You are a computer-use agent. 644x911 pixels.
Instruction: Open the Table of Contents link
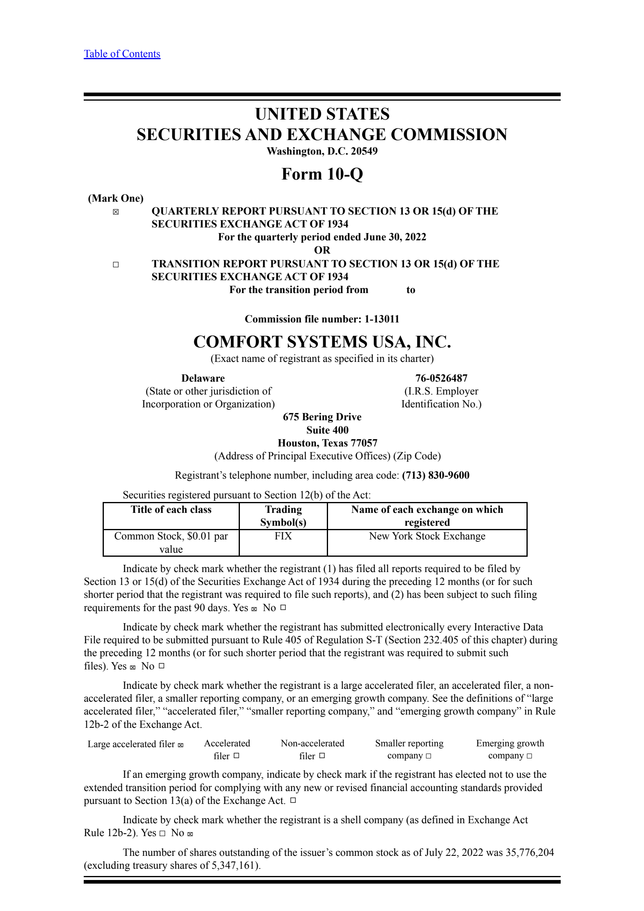(122, 54)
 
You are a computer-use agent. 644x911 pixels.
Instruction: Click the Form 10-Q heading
(322, 174)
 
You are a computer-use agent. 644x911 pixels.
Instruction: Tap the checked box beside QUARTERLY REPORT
(116, 212)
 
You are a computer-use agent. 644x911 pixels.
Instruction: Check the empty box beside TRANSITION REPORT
(116, 264)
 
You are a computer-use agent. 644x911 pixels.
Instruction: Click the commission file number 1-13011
(382, 319)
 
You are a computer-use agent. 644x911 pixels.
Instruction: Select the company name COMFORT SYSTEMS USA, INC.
(322, 342)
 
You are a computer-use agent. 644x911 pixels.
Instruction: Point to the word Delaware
(203, 378)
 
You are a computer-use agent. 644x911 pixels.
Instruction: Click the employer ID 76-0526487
(441, 378)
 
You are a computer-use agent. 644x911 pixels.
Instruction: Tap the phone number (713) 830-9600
(436, 475)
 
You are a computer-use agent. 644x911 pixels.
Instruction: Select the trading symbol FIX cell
(283, 536)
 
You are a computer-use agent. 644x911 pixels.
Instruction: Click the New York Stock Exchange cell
(427, 536)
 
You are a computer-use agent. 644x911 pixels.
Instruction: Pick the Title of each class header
(171, 510)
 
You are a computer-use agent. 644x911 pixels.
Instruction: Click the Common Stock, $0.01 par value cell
(171, 542)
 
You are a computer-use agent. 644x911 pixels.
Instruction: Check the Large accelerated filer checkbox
(181, 745)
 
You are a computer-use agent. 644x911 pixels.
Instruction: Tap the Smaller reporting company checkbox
(429, 756)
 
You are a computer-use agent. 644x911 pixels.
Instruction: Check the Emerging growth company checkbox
(529, 756)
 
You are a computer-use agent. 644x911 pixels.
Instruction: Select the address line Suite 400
(327, 430)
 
